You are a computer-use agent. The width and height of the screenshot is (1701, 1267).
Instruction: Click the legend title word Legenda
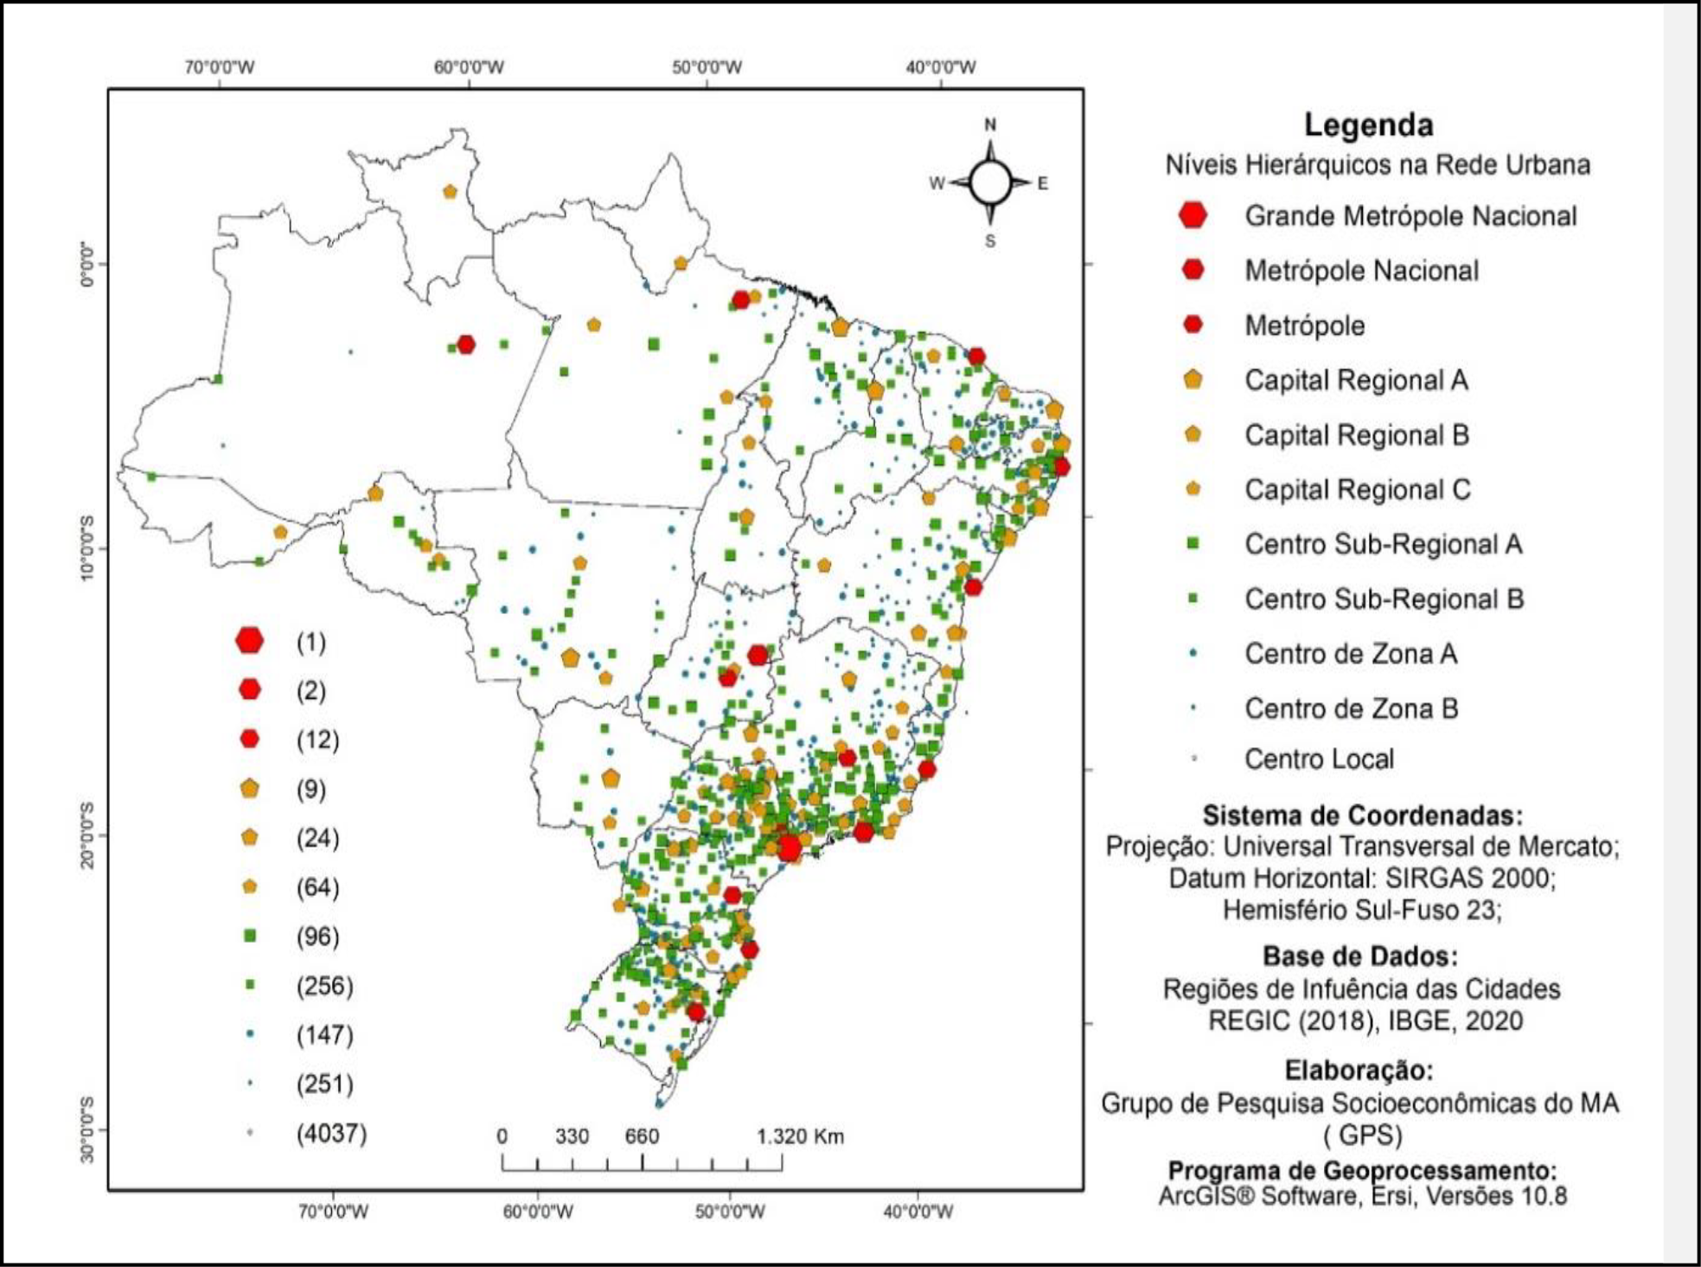tap(1368, 125)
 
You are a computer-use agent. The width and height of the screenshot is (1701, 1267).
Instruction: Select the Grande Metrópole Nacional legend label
tap(1410, 216)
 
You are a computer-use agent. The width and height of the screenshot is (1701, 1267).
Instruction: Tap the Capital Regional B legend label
tap(1357, 435)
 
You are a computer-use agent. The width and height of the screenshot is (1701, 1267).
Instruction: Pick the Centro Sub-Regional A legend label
tap(1383, 544)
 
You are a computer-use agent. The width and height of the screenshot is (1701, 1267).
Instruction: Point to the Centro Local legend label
tap(1319, 759)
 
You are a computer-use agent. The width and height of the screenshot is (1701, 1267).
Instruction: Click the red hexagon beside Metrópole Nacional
tap(1193, 270)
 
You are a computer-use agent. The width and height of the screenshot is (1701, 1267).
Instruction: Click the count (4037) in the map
tap(331, 1133)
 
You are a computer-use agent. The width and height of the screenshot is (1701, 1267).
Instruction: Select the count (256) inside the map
tap(324, 986)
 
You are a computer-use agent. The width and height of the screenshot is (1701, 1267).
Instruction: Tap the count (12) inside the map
tap(317, 740)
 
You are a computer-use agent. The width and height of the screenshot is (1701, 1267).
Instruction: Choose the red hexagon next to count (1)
tap(250, 641)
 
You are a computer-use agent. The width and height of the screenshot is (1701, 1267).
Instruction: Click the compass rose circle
tap(990, 182)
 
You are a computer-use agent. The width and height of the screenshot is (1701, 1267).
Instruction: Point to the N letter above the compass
tap(990, 125)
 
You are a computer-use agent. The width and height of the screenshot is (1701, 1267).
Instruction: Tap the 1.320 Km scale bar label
tap(800, 1136)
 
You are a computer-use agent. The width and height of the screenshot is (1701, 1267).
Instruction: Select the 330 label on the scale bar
tap(572, 1136)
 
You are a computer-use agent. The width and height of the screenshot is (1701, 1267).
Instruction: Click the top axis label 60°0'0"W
tap(469, 67)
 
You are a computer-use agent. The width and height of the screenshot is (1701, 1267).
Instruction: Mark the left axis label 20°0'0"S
tap(87, 835)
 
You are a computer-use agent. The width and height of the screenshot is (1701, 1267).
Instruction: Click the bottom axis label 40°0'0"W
tap(918, 1212)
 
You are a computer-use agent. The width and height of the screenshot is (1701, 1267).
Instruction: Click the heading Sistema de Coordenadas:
tap(1362, 816)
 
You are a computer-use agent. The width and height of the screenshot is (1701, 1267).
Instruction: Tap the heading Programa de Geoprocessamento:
tap(1362, 1171)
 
